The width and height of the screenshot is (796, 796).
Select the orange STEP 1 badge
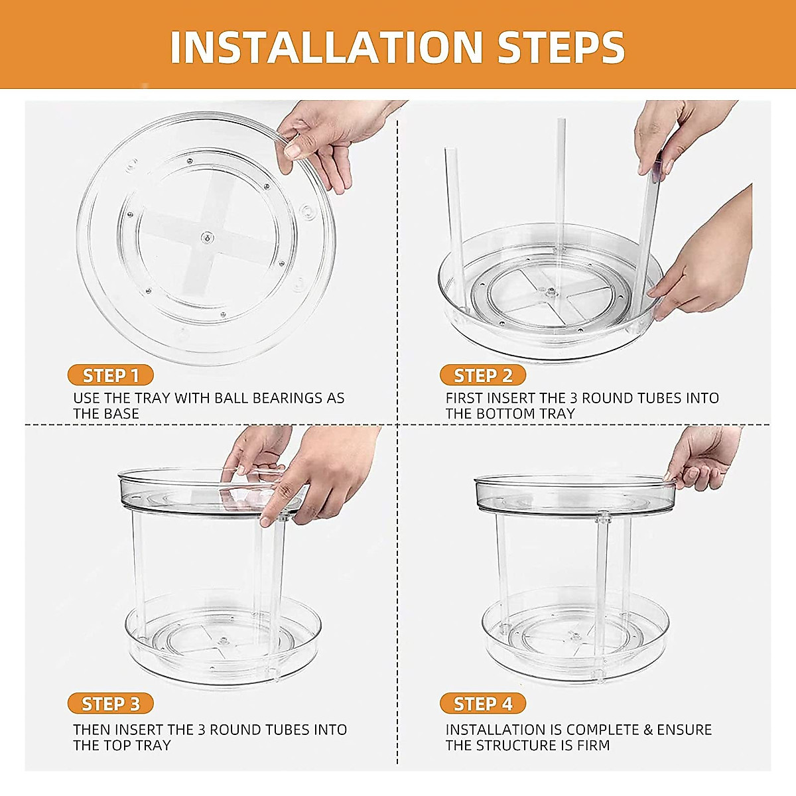(x=110, y=375)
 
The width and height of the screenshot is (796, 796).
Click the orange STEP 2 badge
(x=483, y=375)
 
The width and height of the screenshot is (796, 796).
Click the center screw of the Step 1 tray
(x=207, y=237)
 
